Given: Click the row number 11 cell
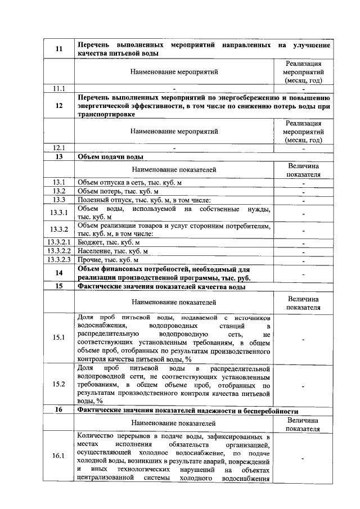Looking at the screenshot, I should coord(58,49).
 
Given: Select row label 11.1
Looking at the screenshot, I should coord(58,88).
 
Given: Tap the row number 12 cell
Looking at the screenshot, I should coord(58,105).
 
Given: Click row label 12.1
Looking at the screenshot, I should coord(58,148).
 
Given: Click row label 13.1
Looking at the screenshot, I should coord(58,182).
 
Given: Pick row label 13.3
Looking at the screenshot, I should coord(58,200).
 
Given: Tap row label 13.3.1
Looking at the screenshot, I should coord(58,213).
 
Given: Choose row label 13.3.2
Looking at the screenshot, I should coord(58,229).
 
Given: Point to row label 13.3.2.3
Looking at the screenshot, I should coord(58,260).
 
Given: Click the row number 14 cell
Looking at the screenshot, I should coord(58,273).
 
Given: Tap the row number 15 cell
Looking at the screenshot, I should coord(58,287).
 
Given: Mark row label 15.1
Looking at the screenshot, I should coord(58,337).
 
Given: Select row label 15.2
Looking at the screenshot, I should coord(58,385).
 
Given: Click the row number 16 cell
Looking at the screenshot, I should coord(58,411).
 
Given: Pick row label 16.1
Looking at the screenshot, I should coord(58,456).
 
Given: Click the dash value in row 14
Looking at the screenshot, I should coord(304,273).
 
